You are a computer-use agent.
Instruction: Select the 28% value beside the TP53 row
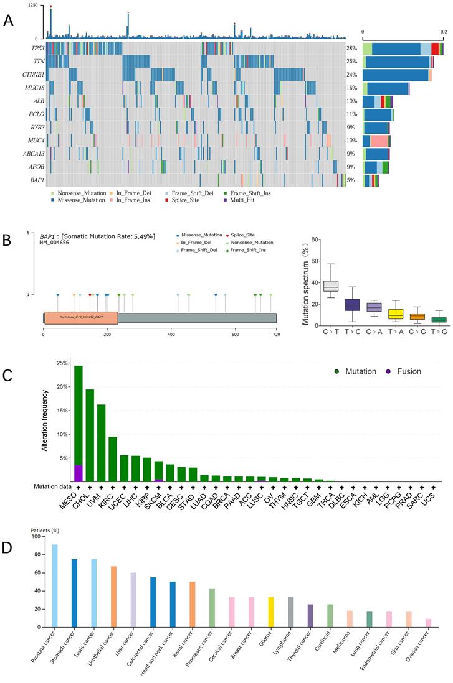click(x=351, y=48)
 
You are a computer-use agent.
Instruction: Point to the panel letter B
click(x=7, y=239)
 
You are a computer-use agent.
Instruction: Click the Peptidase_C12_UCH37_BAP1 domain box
click(x=81, y=317)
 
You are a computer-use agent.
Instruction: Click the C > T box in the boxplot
click(x=330, y=286)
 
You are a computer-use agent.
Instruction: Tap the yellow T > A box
click(x=396, y=314)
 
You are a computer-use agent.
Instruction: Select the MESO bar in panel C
click(x=79, y=423)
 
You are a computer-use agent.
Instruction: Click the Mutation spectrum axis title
click(x=306, y=282)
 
